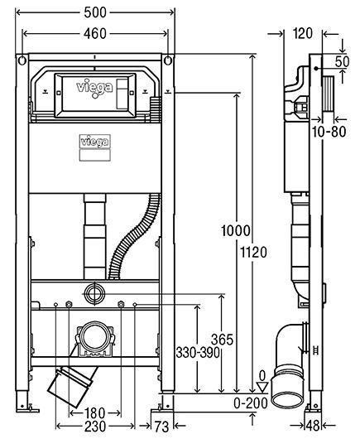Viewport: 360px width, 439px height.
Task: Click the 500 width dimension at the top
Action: [x=95, y=12]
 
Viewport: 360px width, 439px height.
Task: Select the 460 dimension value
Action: [x=95, y=34]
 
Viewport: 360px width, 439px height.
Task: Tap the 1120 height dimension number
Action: [x=254, y=253]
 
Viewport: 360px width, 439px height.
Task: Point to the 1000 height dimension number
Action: [x=236, y=231]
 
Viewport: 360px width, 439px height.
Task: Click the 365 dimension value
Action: [x=222, y=340]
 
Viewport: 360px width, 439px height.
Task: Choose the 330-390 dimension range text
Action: [x=198, y=353]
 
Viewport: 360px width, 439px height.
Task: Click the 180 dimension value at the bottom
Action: [x=95, y=413]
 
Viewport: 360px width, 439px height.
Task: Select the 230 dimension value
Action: [x=95, y=427]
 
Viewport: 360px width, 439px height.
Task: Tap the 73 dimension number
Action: [x=162, y=427]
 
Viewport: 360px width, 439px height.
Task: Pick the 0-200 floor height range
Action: [x=251, y=403]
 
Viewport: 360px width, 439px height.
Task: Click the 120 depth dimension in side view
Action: [x=303, y=34]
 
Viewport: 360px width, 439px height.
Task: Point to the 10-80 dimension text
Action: [x=329, y=132]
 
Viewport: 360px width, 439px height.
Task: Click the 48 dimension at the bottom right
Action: [x=313, y=426]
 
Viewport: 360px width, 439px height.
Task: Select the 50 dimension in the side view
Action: [x=343, y=61]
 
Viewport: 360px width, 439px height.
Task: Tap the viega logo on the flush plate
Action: [x=94, y=88]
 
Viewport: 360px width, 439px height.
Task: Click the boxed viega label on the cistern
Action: [x=95, y=142]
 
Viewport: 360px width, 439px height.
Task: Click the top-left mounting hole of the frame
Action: [x=22, y=60]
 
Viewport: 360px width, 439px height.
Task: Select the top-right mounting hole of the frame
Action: [x=168, y=60]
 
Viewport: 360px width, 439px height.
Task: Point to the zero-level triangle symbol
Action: [x=262, y=387]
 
